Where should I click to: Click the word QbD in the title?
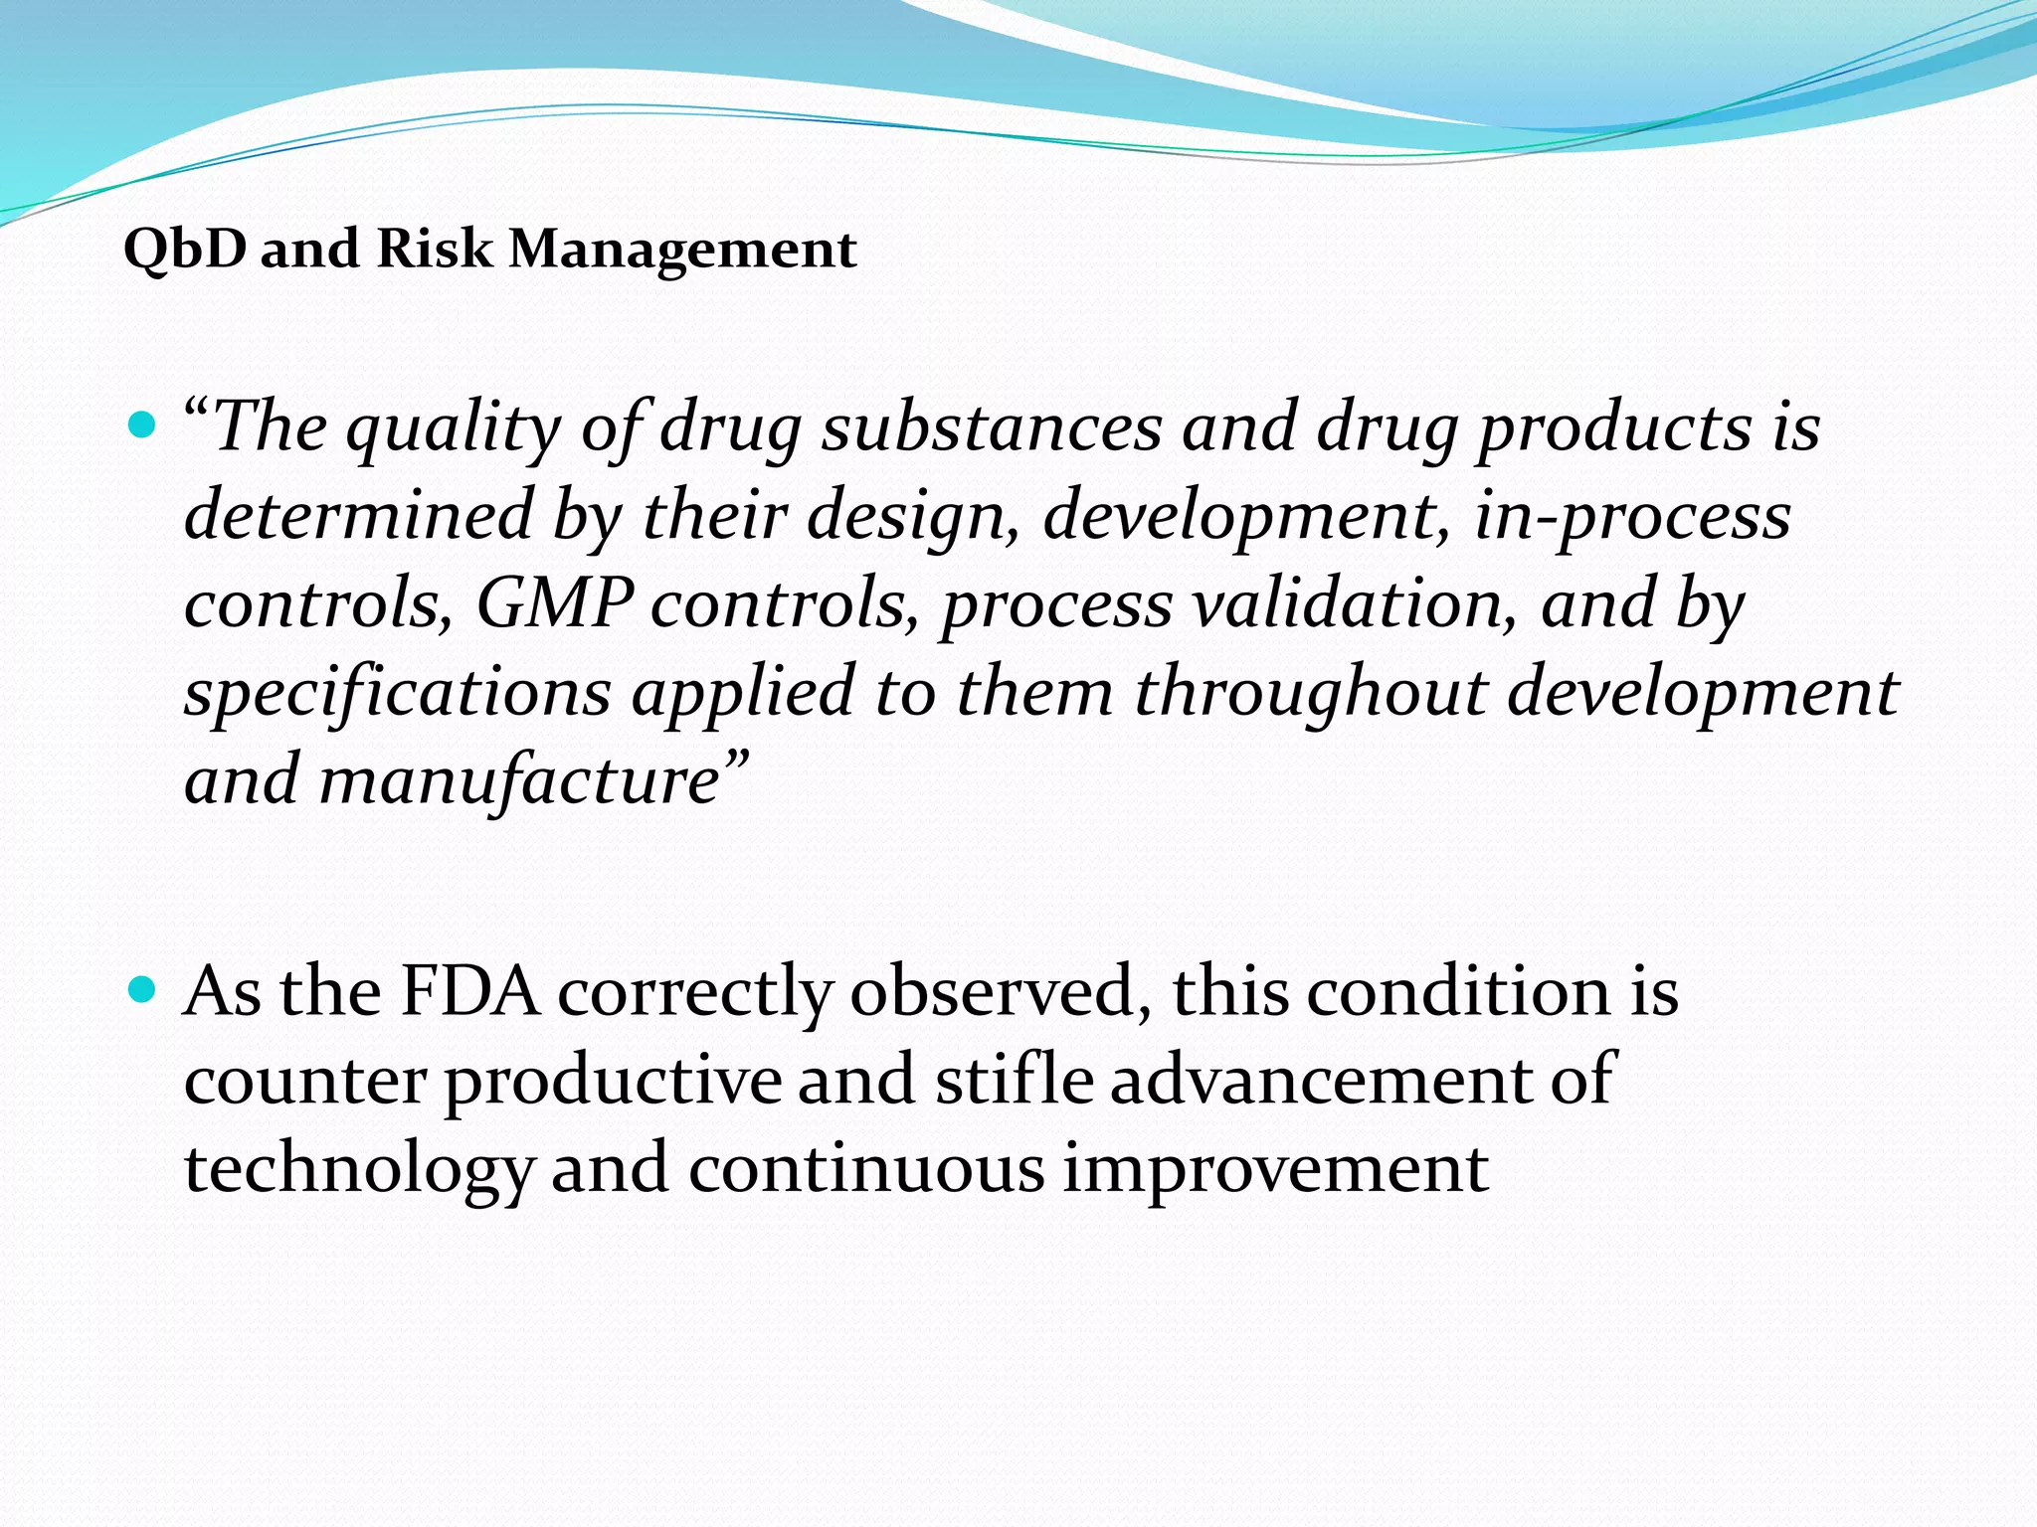pyautogui.click(x=184, y=250)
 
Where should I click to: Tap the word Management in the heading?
pyautogui.click(x=682, y=250)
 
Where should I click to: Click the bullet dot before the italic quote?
pyautogui.click(x=143, y=427)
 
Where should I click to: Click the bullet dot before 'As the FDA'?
pyautogui.click(x=143, y=990)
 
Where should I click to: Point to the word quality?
pyautogui.click(x=455, y=429)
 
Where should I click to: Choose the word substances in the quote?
pyautogui.click(x=992, y=427)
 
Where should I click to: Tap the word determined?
pyautogui.click(x=359, y=515)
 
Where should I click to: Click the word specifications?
pyautogui.click(x=398, y=692)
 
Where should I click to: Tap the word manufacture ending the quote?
pyautogui.click(x=519, y=780)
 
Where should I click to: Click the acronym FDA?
pyautogui.click(x=469, y=991)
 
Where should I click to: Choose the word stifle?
pyautogui.click(x=1014, y=1079)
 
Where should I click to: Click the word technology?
pyautogui.click(x=360, y=1169)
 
